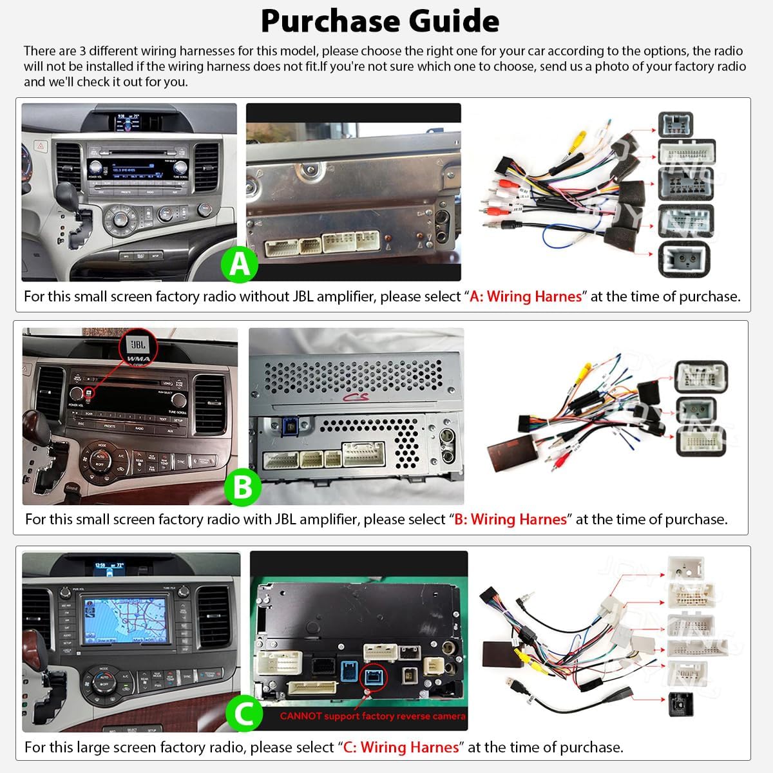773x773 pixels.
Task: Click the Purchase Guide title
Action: (x=380, y=21)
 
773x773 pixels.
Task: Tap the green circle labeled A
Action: (x=240, y=264)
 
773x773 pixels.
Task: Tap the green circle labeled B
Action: (x=243, y=488)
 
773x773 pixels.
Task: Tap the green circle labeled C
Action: (x=244, y=714)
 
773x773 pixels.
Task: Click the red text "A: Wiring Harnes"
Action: (x=526, y=297)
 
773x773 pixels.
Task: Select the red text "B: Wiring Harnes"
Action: (x=510, y=520)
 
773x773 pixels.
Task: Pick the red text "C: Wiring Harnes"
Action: (x=401, y=748)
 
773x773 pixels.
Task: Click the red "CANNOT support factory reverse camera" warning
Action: (x=372, y=716)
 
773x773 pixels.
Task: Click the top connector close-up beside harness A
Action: (x=675, y=123)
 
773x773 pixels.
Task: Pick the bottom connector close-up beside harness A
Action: (x=683, y=260)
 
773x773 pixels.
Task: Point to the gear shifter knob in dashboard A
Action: (x=66, y=193)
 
